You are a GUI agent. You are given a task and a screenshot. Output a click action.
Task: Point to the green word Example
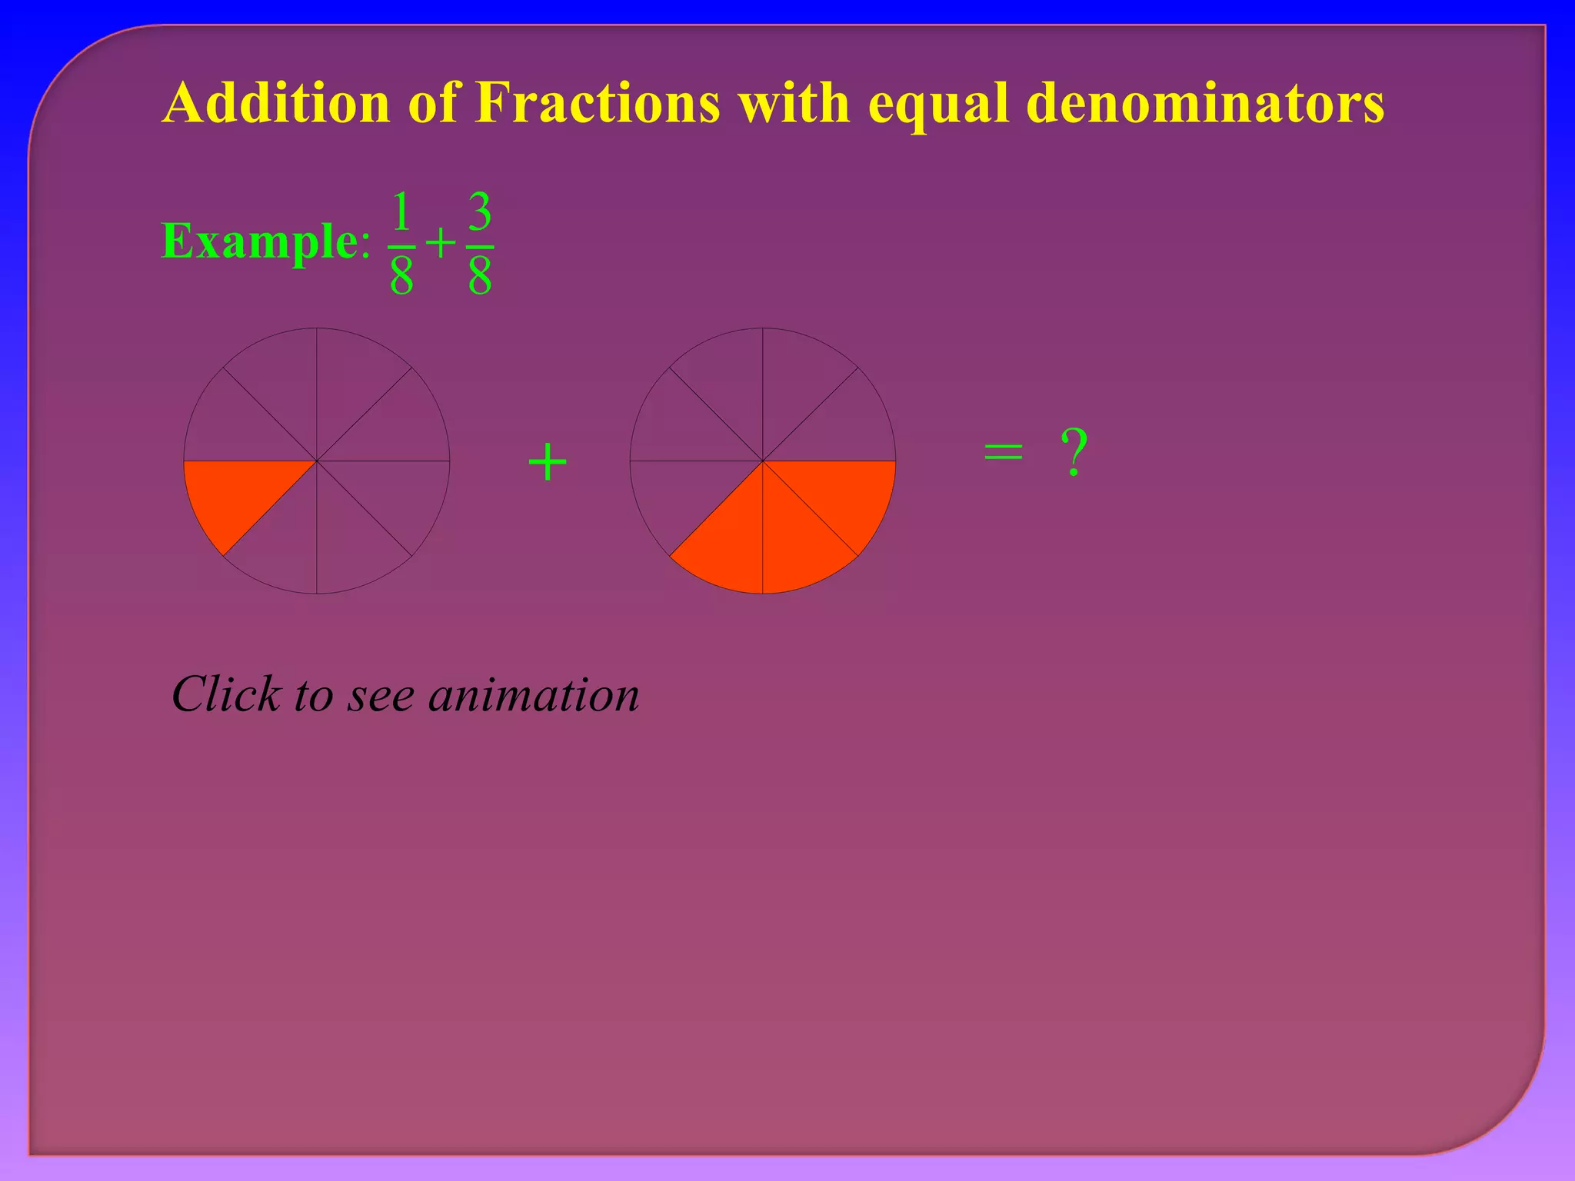(259, 241)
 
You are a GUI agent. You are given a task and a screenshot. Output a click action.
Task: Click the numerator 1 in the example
(401, 212)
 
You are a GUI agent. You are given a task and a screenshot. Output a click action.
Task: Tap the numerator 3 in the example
(480, 212)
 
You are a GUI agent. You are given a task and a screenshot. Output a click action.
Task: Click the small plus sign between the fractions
(441, 245)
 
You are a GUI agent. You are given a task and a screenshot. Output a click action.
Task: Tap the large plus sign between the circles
(548, 463)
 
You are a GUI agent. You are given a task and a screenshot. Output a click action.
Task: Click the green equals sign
(1004, 452)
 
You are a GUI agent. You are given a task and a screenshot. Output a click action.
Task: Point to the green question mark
(1074, 452)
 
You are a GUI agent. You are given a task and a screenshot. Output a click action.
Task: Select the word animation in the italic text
(534, 694)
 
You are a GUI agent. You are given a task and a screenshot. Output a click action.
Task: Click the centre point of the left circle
(317, 461)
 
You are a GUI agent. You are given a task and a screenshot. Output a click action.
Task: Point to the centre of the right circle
(763, 461)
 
